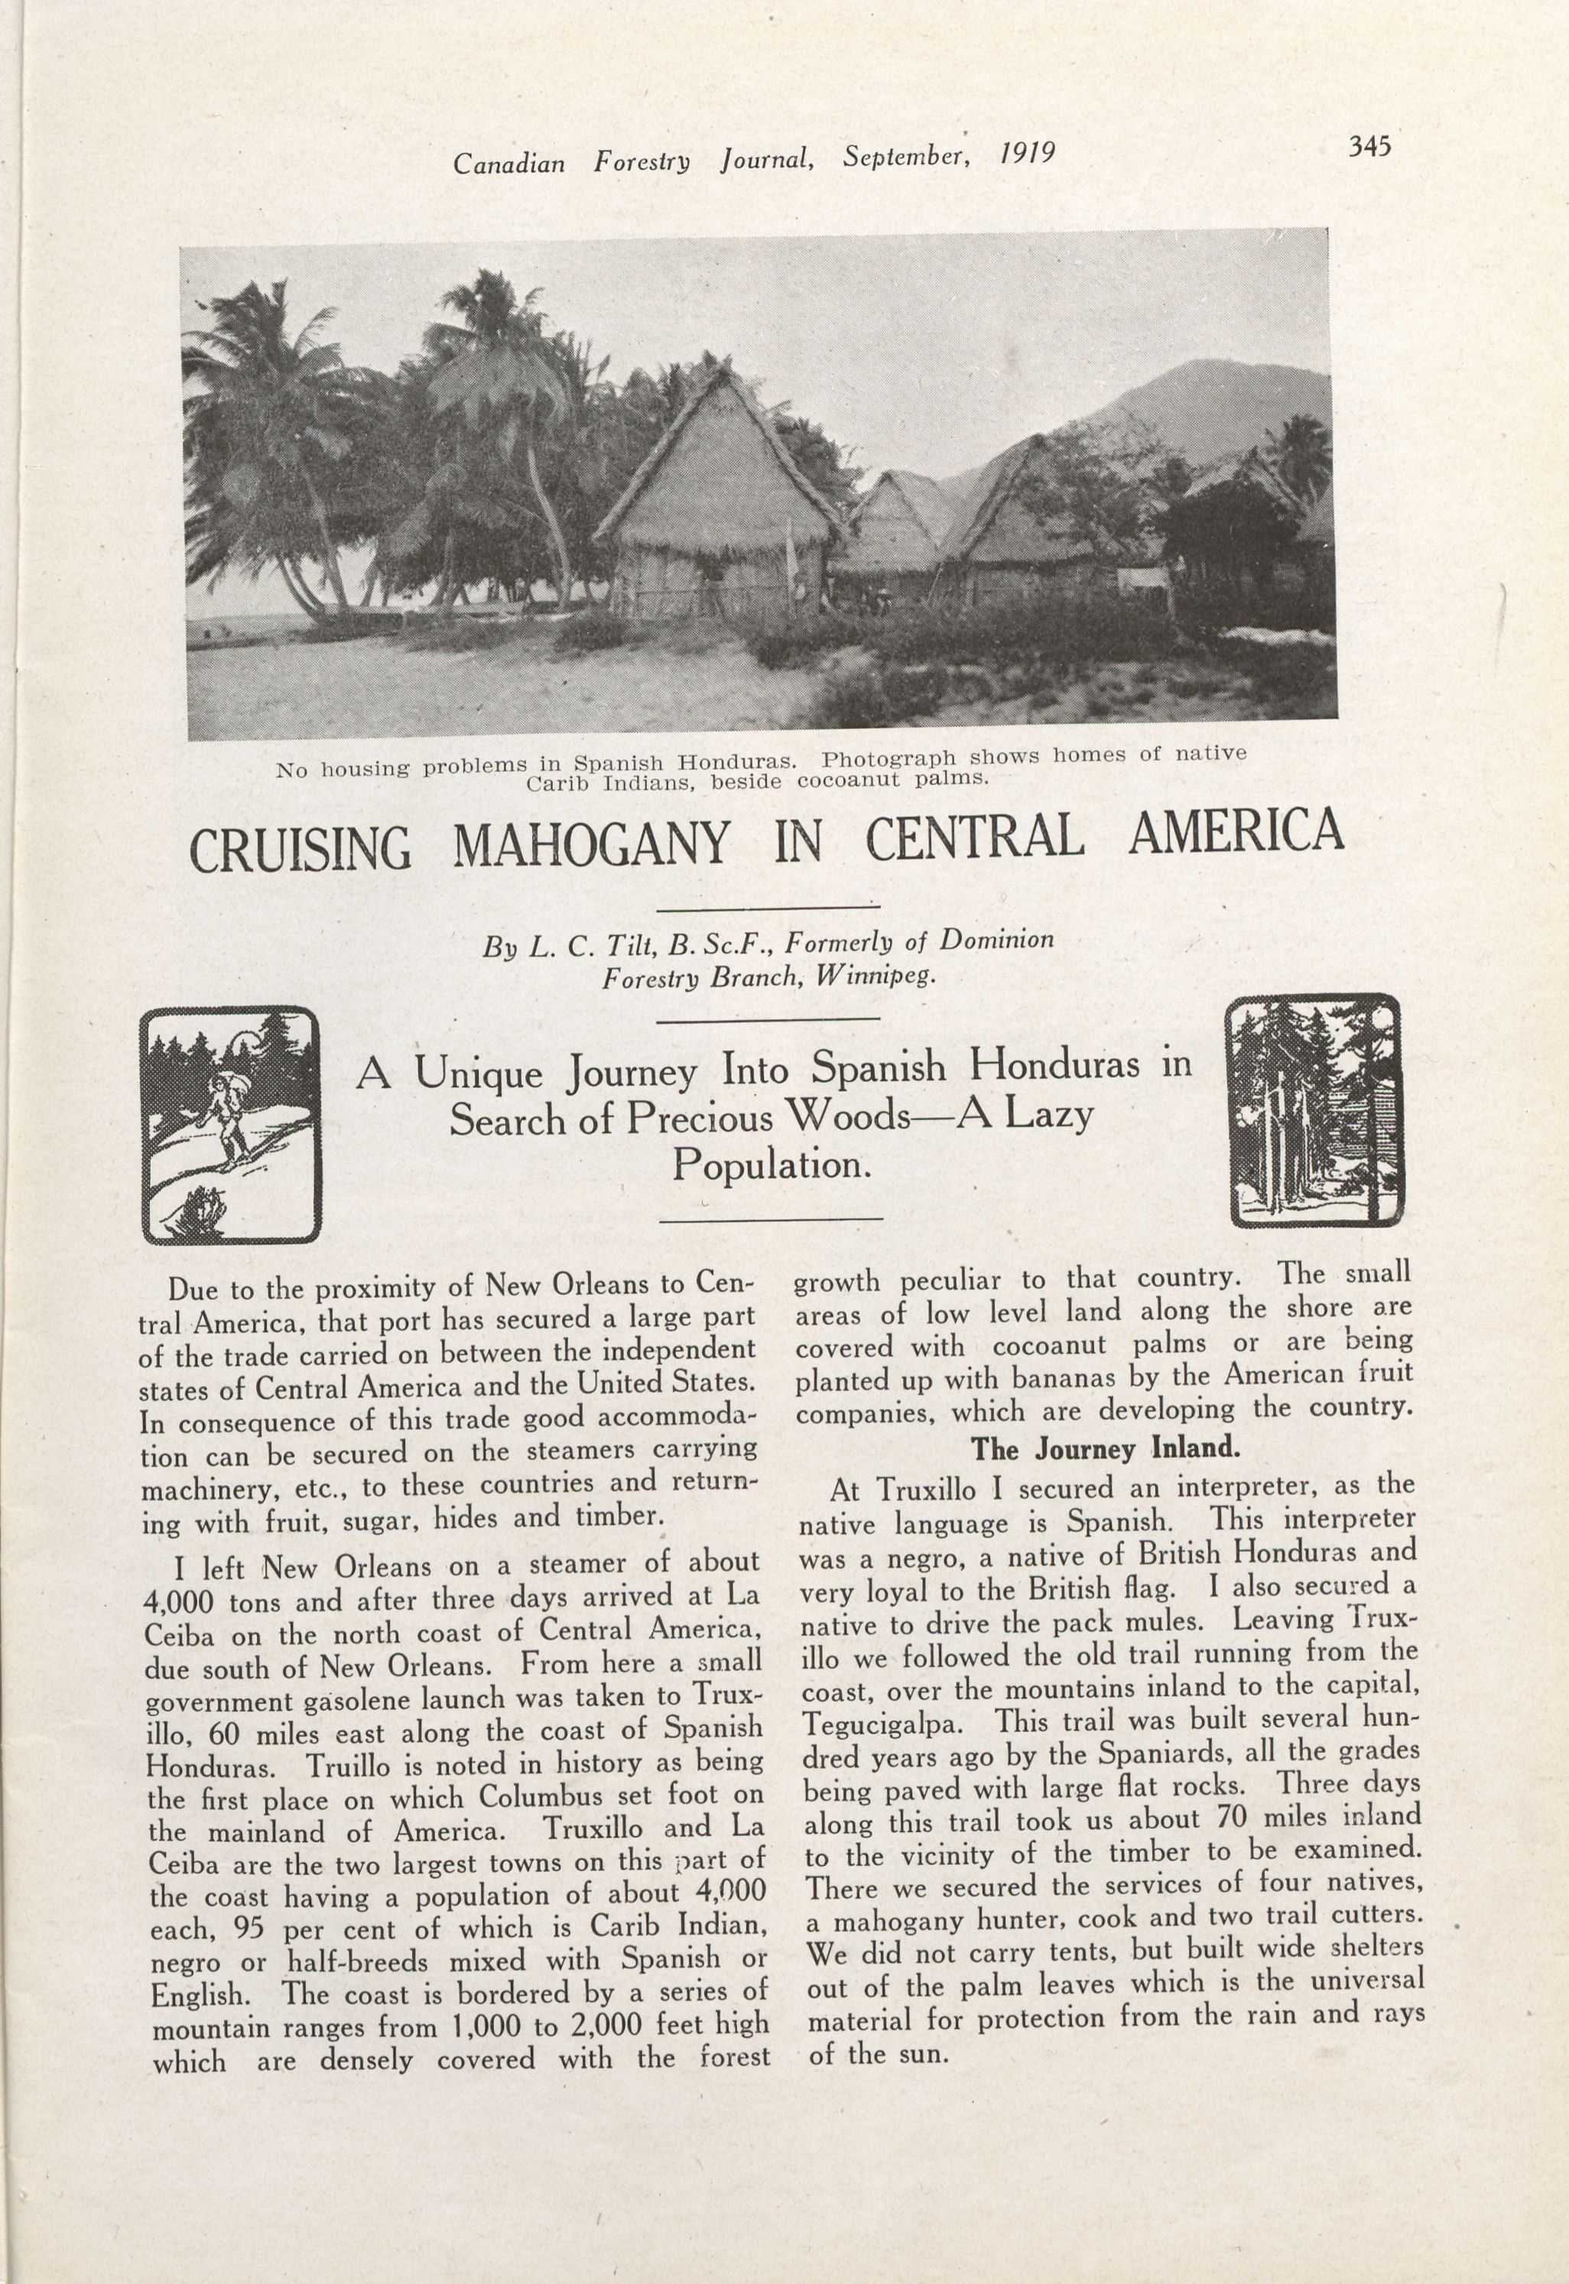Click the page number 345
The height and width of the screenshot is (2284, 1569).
1366,147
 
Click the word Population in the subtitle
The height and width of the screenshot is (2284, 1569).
773,1166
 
